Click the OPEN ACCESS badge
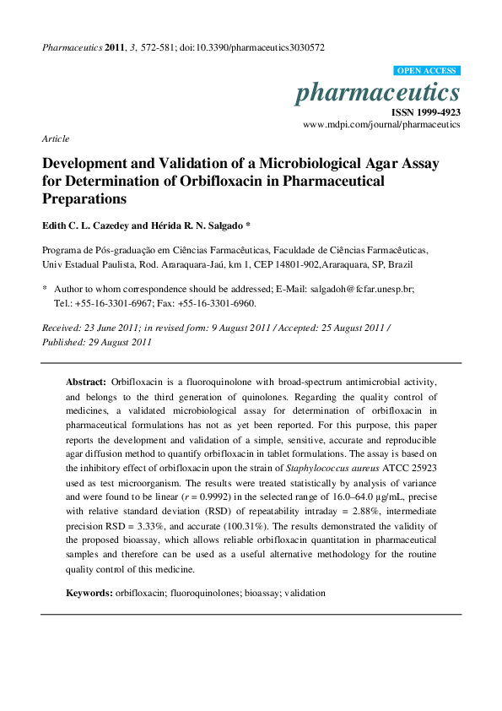[427, 71]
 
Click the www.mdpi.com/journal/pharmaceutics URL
[381, 124]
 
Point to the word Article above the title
[56, 138]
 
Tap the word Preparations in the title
[84, 200]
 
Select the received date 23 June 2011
[113, 327]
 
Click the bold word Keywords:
[89, 594]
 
